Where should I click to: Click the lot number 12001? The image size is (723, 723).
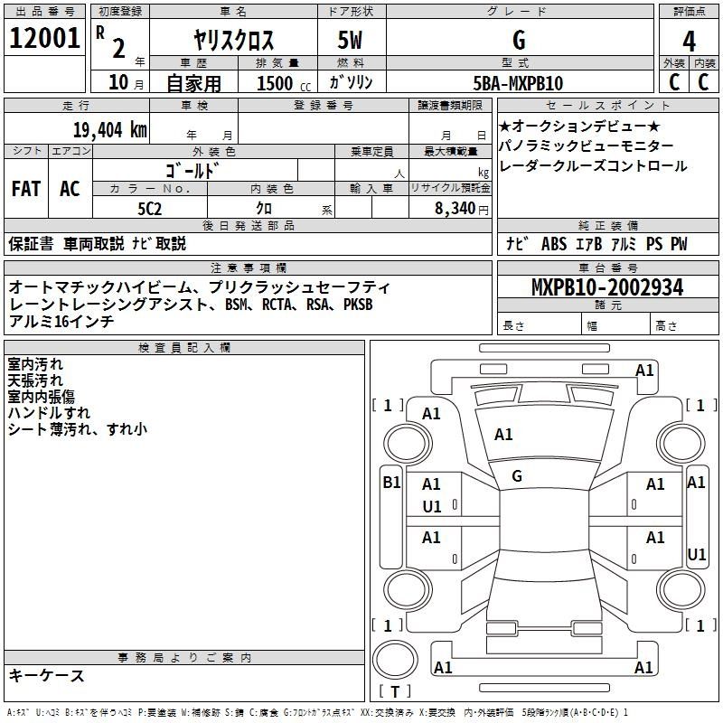coord(44,38)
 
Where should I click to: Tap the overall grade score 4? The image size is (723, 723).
coord(689,42)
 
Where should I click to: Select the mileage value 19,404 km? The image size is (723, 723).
coord(110,130)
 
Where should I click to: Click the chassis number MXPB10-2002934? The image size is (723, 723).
coord(607,287)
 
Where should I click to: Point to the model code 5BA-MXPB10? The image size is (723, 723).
coord(518,83)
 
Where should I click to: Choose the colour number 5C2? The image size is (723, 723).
coord(150,209)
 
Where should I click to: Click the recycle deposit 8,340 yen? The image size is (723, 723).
coord(462,209)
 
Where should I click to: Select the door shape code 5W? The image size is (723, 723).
coord(350,40)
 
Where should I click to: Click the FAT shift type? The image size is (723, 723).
coord(26,189)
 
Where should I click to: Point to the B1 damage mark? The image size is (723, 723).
coord(391,483)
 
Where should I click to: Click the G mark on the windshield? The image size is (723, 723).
coord(517,476)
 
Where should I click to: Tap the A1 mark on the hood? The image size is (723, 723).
coord(503,435)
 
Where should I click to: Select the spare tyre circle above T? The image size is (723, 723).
coord(395,660)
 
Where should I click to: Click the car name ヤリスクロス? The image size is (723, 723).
coord(234,40)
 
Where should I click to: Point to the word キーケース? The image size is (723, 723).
coord(47,675)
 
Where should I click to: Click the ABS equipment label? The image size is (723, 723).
coord(554,244)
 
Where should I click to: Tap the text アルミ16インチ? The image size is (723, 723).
coord(61,321)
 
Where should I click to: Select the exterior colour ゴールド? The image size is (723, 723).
coord(192,171)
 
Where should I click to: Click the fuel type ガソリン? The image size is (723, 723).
coord(351,83)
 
